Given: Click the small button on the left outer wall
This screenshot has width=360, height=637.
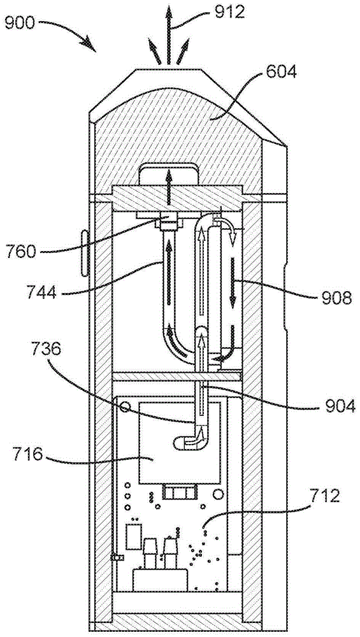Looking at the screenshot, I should coord(86,254).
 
